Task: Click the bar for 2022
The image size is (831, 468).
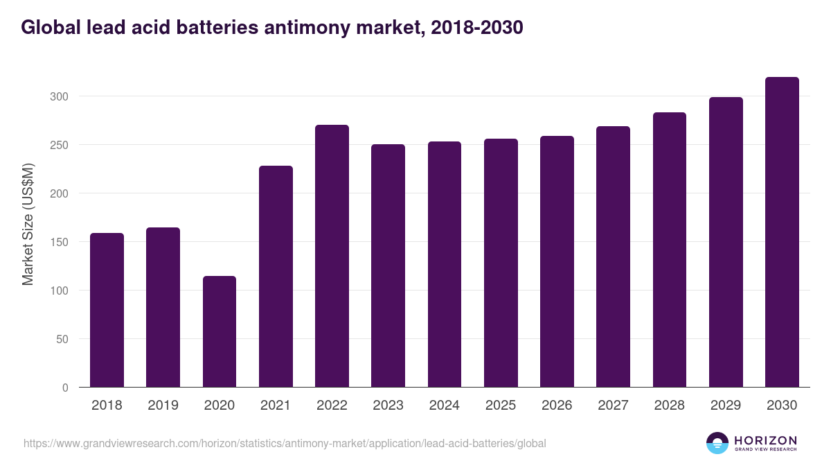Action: tap(332, 257)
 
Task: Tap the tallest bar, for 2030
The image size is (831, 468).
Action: tap(782, 232)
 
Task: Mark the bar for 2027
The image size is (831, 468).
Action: tap(613, 257)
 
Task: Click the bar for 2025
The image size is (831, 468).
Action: tap(501, 263)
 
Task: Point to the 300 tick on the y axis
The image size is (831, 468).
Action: tap(60, 96)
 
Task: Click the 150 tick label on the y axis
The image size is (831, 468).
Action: tap(60, 242)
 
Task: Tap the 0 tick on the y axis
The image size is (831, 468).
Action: tap(65, 388)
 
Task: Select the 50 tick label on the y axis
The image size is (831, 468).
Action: tap(62, 339)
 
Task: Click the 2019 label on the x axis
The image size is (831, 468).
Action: tap(163, 406)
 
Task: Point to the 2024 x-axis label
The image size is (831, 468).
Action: tap(444, 406)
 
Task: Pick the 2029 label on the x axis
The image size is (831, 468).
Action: tap(726, 406)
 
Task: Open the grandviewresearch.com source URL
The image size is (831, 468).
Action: tap(285, 443)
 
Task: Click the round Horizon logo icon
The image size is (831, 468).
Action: tap(717, 443)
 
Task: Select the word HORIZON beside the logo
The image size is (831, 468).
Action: tap(765, 440)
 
